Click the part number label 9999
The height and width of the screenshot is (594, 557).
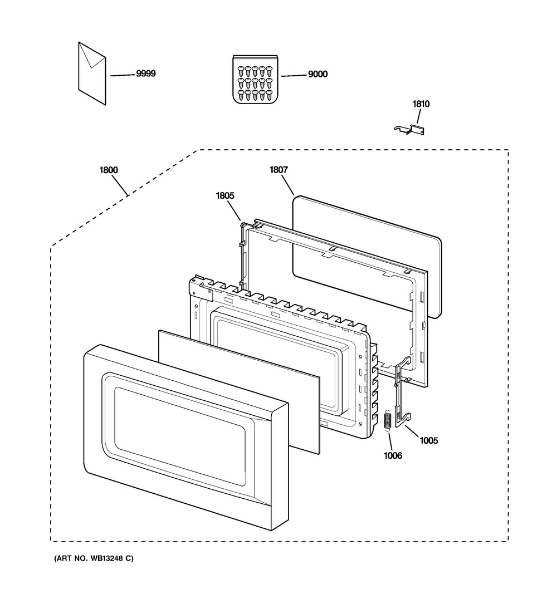[146, 73]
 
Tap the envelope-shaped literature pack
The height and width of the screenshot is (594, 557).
[92, 73]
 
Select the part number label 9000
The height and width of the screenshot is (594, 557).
[317, 74]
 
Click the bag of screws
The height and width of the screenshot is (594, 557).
[256, 79]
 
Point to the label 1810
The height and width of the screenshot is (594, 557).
[421, 104]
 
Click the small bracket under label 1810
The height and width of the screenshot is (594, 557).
[409, 130]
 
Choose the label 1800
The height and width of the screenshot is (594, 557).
[109, 170]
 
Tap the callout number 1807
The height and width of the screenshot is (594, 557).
[278, 170]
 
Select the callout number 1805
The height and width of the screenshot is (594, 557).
[225, 195]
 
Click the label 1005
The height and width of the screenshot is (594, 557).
[428, 440]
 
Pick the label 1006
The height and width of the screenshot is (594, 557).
[393, 455]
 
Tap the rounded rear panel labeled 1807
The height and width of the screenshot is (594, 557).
[367, 257]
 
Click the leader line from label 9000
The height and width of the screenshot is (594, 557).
[294, 76]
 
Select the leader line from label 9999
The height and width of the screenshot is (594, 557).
[123, 75]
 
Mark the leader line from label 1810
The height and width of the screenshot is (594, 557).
[418, 116]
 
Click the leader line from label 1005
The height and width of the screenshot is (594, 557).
[412, 431]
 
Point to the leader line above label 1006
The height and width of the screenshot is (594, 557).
[390, 441]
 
